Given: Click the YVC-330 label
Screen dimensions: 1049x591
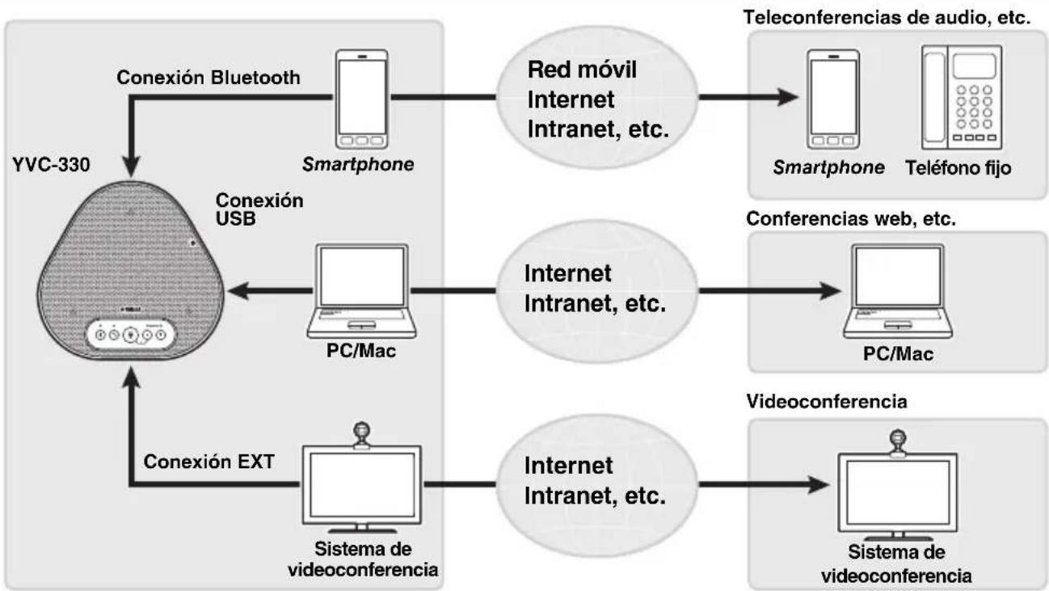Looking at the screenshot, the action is coord(51,165).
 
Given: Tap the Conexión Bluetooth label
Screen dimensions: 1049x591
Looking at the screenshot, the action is coord(209,78).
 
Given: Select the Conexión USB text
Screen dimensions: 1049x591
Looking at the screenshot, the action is coord(259,209).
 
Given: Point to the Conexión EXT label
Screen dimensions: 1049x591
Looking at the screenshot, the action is coord(209,462).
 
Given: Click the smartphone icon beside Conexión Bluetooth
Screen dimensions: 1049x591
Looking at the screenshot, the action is coord(361,99).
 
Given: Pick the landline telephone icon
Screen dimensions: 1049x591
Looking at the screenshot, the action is coord(962,97).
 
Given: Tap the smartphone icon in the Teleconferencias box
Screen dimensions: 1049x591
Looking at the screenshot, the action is coord(833,99).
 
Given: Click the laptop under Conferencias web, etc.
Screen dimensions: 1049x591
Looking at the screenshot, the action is coord(898,291).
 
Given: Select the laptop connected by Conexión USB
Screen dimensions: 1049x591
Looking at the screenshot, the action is coord(361,291).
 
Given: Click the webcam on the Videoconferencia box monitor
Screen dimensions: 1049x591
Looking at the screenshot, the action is coord(898,442).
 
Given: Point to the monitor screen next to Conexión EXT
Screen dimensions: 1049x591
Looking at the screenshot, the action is coord(362,485).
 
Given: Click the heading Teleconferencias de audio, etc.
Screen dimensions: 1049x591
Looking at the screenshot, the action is coord(887,18).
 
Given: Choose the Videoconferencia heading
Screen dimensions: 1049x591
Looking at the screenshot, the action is coord(827,401).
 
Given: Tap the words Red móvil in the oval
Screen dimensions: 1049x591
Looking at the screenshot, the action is coord(582,70).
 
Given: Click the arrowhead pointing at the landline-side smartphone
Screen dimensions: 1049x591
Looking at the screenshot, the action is coord(787,97).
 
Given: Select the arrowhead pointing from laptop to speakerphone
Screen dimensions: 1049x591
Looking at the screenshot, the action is coord(239,291).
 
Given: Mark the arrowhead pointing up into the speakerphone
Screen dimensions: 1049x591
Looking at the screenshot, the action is coord(132,378).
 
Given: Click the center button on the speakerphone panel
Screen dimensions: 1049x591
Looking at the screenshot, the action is coord(131,335).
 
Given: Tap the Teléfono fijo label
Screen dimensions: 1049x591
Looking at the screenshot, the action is coord(958,168).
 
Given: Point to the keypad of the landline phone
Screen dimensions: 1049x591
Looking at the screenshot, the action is coord(974,107).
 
